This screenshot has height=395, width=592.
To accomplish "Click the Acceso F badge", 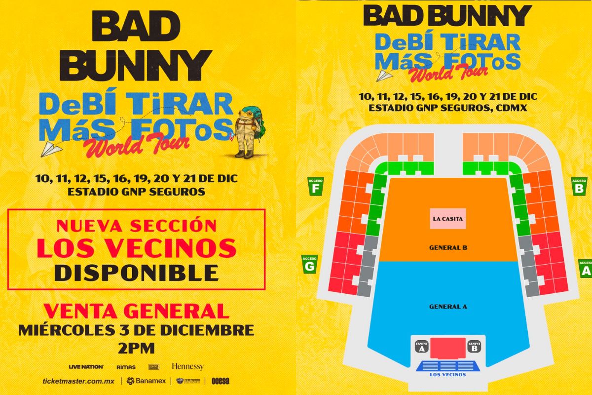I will (x=316, y=186).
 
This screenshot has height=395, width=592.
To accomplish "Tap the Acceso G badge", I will (x=309, y=264).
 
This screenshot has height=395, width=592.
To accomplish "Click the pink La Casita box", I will (x=447, y=219).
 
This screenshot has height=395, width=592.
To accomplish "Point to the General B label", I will (x=448, y=247).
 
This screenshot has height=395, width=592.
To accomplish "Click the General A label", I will (x=448, y=307).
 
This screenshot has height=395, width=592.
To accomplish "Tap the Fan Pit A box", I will (x=422, y=346).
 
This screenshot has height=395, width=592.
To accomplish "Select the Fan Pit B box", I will (x=474, y=346).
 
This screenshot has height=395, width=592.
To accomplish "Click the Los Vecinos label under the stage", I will (x=448, y=374).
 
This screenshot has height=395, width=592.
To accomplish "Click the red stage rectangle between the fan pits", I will (x=448, y=348).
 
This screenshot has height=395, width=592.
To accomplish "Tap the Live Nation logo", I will (x=86, y=366).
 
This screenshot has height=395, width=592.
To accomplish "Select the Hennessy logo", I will (x=187, y=366).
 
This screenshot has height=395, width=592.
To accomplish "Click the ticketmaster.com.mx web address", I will (x=79, y=381).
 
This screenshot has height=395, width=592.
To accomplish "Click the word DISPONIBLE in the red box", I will (x=136, y=272).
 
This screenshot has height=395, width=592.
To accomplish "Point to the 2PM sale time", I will (x=136, y=348).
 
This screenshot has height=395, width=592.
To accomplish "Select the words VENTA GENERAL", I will (x=136, y=311).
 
